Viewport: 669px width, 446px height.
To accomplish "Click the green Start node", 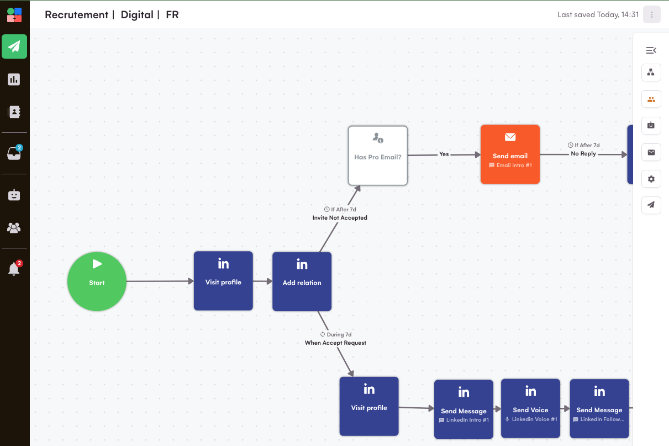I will point(97,281).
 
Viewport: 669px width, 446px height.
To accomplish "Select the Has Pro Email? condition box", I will point(378,155).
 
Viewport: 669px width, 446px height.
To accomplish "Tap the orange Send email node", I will point(510,154).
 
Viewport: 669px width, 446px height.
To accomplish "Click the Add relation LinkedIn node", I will point(302,281).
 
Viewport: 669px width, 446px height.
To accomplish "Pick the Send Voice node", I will point(530,408).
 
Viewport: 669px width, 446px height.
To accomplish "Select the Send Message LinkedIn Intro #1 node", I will point(463,409).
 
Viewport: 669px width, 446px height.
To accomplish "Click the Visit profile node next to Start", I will point(223,281).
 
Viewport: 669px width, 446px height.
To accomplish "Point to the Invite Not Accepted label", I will point(340,218).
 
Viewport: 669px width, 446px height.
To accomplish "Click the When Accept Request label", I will point(335,343).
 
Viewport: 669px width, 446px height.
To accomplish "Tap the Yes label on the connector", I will point(444,154).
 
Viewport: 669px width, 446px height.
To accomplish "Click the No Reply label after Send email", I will point(583,154).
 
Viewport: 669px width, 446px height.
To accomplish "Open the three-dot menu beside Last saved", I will point(652,15).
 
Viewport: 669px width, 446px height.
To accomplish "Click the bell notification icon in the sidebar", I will point(14,269).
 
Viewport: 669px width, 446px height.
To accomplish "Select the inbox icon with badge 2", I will point(14,153).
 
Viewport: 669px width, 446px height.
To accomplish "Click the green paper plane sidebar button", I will point(14,46).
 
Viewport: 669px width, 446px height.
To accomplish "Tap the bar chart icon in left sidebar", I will point(14,79).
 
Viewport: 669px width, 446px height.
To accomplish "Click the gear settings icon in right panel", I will point(651,179).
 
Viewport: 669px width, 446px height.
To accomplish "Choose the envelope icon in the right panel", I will point(651,152).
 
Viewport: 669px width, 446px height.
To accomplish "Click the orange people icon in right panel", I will point(651,100).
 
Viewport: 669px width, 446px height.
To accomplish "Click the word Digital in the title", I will point(137,15).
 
